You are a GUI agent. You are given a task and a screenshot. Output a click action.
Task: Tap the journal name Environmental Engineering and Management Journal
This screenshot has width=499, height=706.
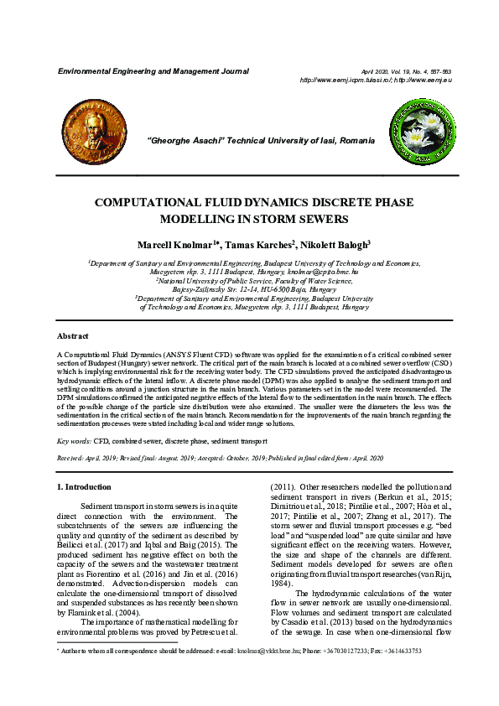(x=153, y=71)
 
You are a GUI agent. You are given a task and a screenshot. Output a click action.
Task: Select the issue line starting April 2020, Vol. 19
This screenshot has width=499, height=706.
(x=406, y=72)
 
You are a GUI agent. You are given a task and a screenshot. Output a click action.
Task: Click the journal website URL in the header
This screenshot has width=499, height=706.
(x=376, y=80)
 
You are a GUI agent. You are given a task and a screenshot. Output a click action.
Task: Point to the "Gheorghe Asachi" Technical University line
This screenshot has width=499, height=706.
(x=249, y=138)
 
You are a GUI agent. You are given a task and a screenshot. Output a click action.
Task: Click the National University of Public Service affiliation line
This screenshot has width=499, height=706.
(x=249, y=281)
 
